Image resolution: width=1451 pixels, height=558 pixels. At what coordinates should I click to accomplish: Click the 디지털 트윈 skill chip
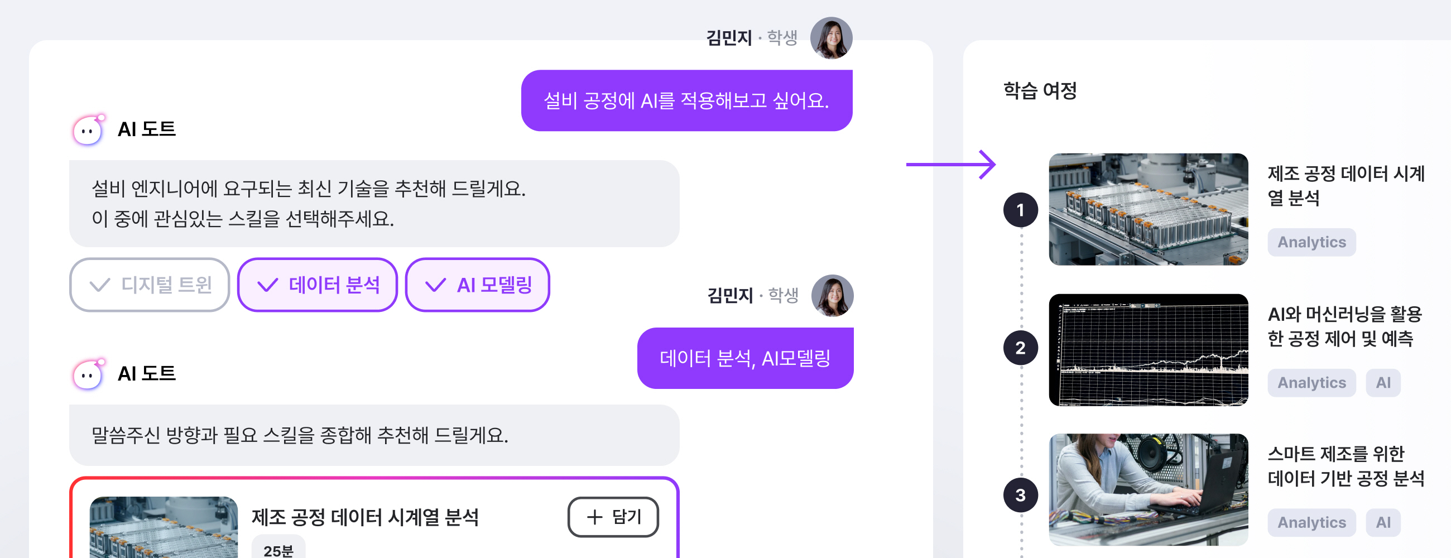(150, 285)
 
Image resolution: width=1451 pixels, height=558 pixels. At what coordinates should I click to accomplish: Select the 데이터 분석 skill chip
(318, 285)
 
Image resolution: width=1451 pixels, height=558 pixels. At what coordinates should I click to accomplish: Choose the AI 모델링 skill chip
(477, 285)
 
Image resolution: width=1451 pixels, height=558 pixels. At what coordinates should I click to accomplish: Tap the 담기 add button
(613, 516)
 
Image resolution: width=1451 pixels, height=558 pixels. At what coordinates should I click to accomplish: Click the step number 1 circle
(1020, 210)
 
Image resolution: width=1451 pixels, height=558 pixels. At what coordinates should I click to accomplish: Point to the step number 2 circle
(1020, 348)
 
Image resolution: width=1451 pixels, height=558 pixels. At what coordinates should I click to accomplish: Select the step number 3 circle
(1020, 495)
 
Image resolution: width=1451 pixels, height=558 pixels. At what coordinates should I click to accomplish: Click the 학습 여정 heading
(1040, 90)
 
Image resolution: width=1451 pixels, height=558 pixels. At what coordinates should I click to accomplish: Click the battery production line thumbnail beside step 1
(1148, 209)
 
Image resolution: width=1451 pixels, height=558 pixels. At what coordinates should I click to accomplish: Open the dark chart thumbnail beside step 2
(1148, 350)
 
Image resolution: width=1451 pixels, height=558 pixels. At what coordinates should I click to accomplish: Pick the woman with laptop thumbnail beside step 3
(1148, 489)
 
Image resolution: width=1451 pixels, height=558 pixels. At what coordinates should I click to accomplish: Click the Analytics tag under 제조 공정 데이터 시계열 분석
(1311, 242)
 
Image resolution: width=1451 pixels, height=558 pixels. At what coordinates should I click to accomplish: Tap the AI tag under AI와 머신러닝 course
(1383, 383)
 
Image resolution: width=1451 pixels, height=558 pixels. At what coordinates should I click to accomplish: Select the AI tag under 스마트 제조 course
(1383, 522)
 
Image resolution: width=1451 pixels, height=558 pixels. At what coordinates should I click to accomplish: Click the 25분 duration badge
(278, 550)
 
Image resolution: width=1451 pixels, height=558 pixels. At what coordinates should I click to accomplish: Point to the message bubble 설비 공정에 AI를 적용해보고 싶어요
(686, 101)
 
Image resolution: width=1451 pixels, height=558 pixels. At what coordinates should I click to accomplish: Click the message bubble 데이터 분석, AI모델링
(744, 358)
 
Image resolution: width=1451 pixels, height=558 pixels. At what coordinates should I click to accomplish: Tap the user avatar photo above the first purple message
(831, 38)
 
